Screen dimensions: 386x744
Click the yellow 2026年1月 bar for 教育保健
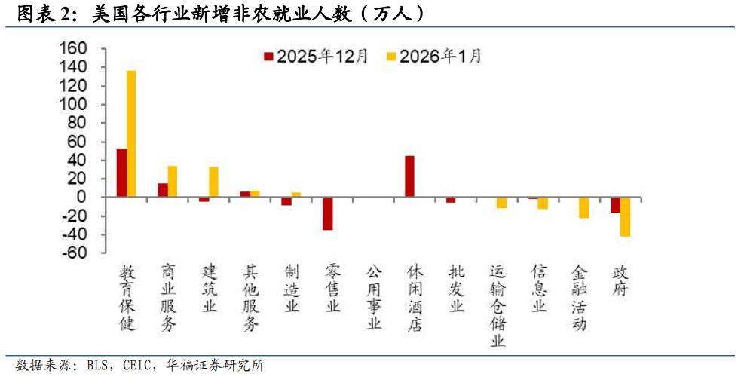(131, 133)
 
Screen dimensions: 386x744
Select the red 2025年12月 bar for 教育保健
(121, 173)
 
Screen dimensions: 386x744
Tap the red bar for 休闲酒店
(409, 176)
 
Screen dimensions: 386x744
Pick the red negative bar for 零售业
(327, 213)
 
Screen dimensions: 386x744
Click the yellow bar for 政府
(625, 217)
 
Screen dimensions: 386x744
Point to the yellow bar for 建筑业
(213, 182)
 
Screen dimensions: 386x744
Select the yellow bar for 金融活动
(583, 207)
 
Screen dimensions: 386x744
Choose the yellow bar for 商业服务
(173, 182)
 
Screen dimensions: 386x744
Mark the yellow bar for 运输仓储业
(501, 202)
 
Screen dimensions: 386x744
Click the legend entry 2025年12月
(315, 56)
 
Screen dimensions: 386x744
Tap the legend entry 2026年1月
(433, 56)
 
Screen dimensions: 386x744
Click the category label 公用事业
(374, 298)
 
